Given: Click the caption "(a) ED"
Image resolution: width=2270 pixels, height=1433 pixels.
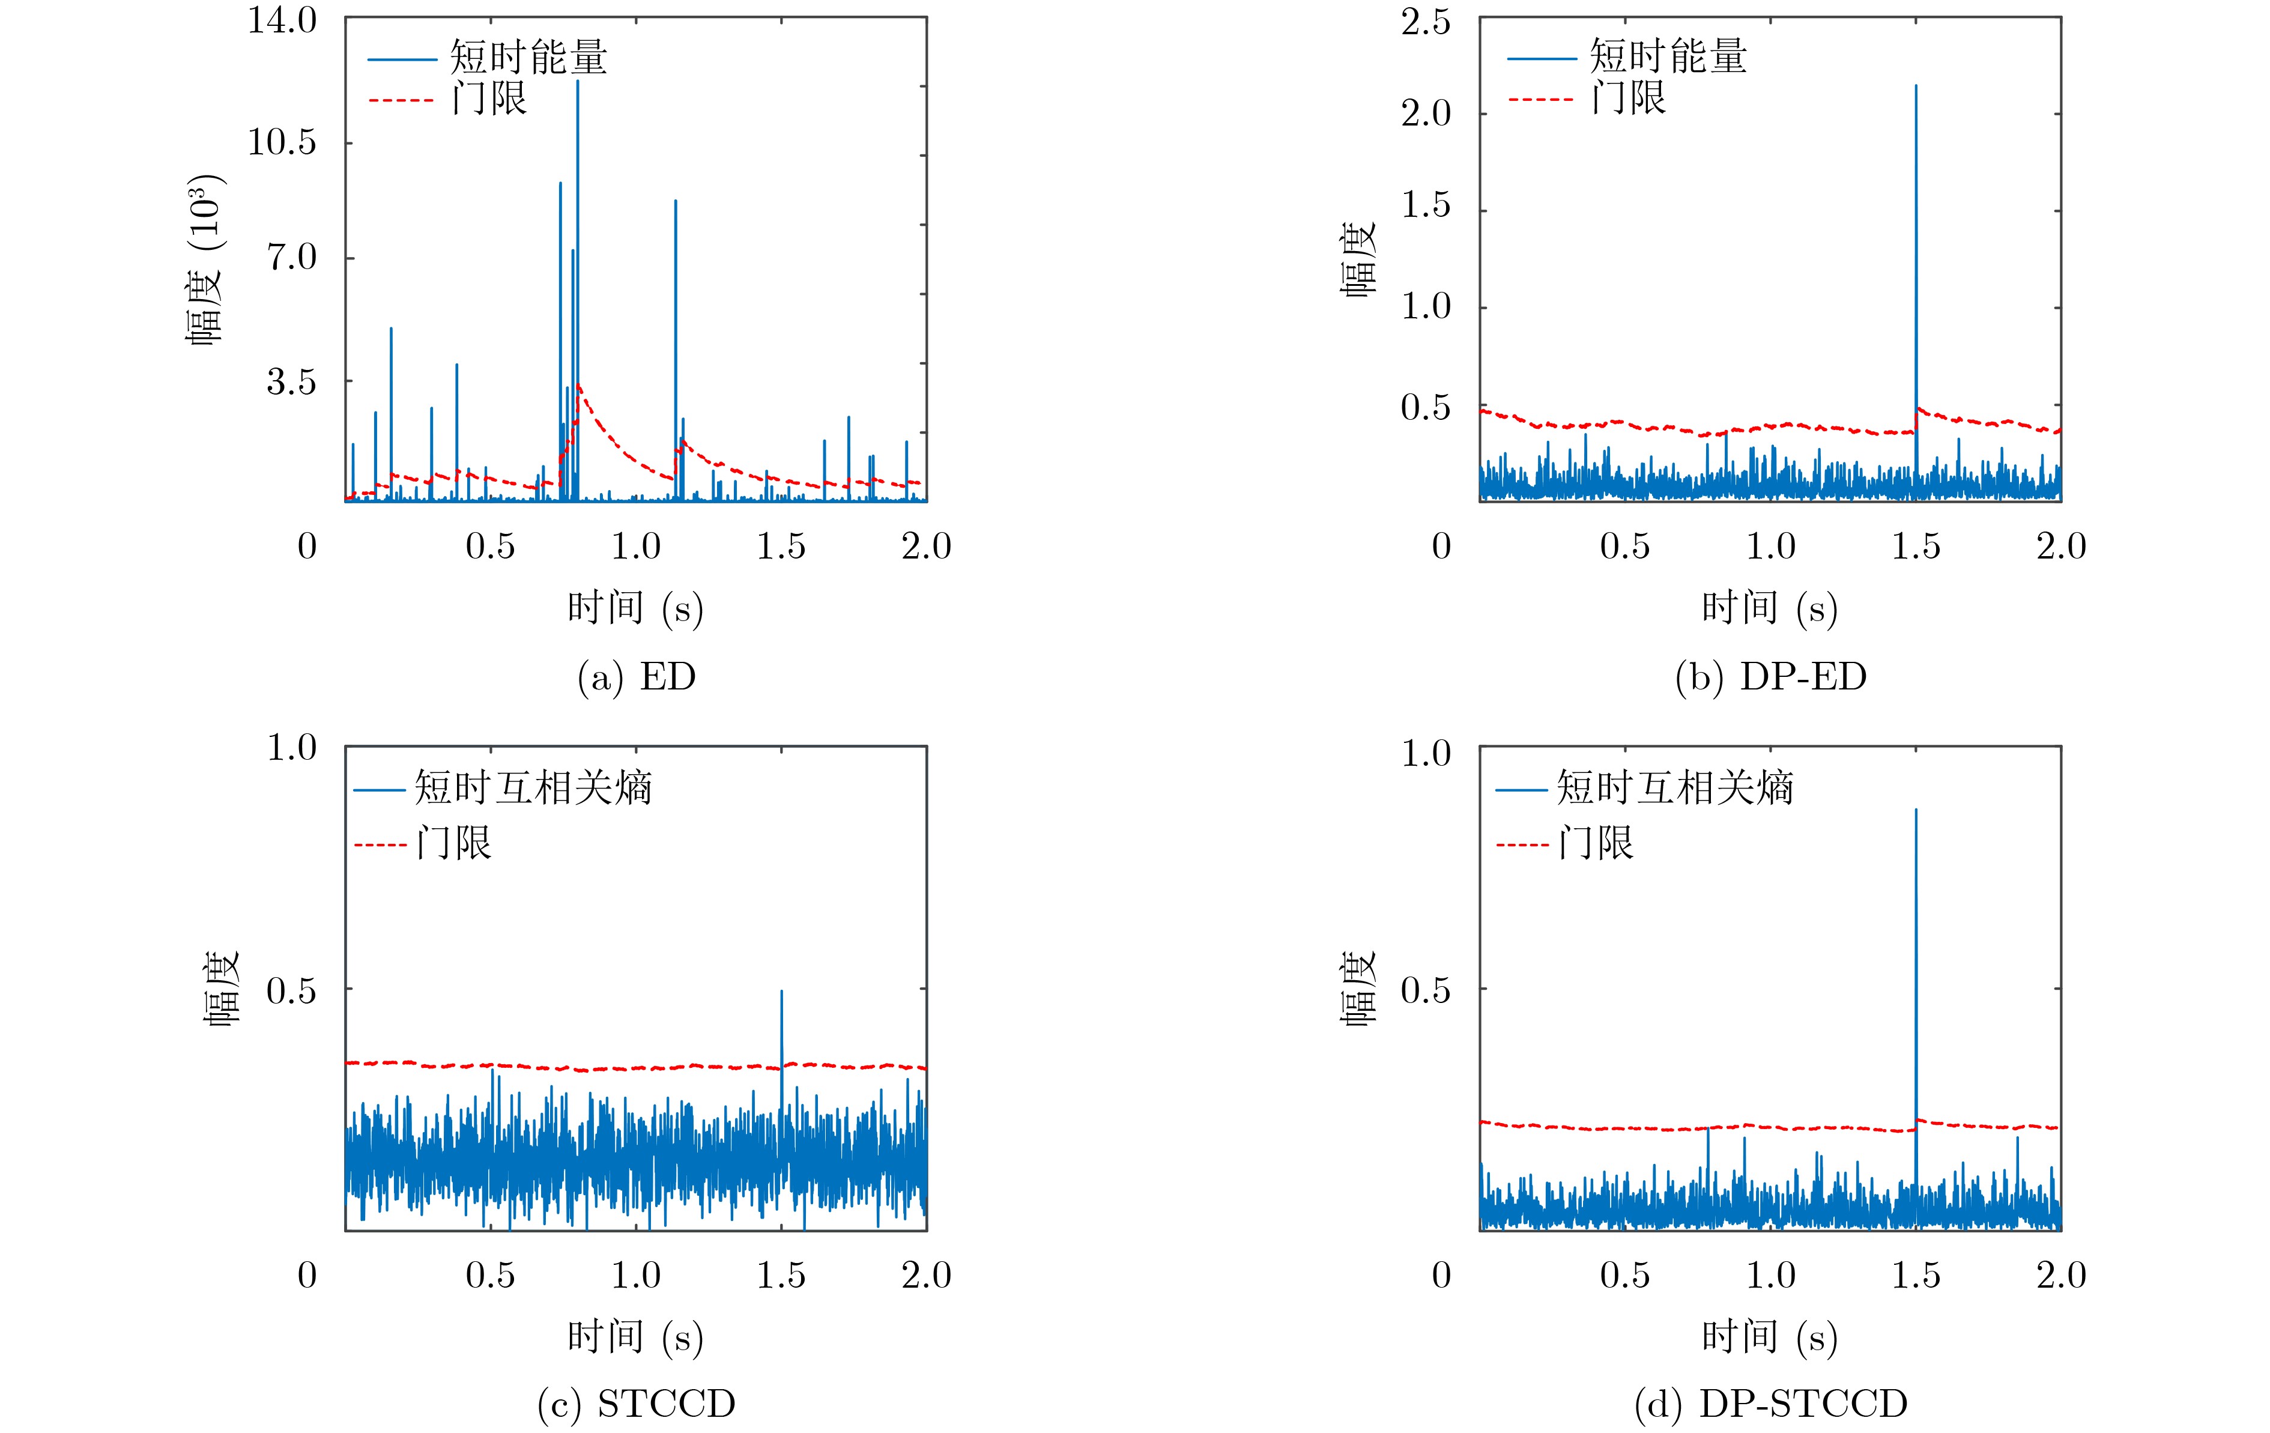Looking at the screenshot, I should tap(637, 677).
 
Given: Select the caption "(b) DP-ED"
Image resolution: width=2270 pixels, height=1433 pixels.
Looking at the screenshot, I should tap(1770, 677).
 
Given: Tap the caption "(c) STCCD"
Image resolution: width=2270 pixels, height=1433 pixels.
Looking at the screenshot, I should tap(637, 1404).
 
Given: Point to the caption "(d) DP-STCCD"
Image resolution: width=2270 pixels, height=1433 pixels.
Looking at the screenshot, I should tap(1770, 1404).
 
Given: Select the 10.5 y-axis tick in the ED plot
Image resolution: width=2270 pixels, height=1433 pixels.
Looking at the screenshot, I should tap(282, 142).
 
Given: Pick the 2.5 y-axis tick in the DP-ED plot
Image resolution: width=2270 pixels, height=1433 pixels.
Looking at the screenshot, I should tap(1425, 22).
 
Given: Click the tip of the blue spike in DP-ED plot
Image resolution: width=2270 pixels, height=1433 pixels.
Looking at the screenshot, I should tap(1916, 86).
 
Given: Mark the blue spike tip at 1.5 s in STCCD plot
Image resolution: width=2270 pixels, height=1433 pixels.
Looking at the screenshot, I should tap(781, 992).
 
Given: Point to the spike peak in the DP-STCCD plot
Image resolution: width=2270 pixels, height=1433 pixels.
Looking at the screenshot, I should tap(1916, 810).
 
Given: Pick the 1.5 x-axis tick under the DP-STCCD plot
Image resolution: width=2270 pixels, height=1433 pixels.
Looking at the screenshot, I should tap(1916, 1276).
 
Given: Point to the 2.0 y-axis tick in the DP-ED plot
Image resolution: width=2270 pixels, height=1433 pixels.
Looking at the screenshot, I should tap(1425, 114).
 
